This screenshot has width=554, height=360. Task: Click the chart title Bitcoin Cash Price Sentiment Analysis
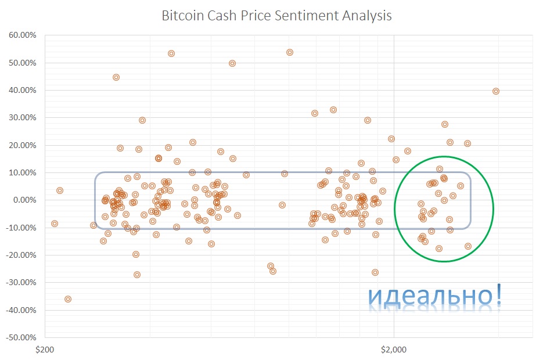276,15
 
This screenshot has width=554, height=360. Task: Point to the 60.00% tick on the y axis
23,35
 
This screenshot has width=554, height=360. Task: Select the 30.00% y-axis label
23,118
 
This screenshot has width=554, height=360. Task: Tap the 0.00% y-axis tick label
24,200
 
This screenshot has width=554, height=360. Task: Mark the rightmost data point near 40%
496,91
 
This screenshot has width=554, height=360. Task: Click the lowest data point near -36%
68,299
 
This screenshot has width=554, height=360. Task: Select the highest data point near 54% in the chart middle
290,52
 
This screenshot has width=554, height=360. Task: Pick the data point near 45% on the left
116,77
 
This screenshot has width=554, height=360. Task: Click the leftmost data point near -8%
55,224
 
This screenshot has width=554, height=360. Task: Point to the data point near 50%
232,63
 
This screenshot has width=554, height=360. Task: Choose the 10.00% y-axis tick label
23,173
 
